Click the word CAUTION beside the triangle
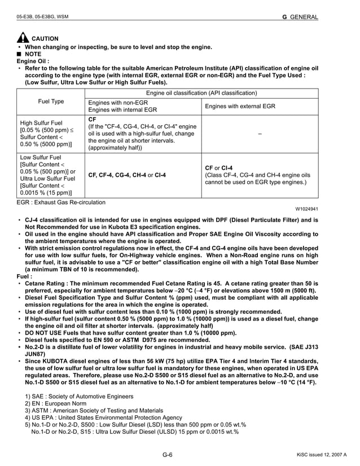(45, 38)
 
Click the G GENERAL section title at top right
(300, 17)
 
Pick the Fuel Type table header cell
(51, 102)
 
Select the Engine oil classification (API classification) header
(201, 93)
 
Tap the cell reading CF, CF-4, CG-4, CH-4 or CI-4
(128, 175)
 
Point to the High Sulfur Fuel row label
(42, 122)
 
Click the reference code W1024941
(305, 209)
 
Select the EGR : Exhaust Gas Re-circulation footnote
(61, 202)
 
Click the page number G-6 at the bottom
(167, 455)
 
